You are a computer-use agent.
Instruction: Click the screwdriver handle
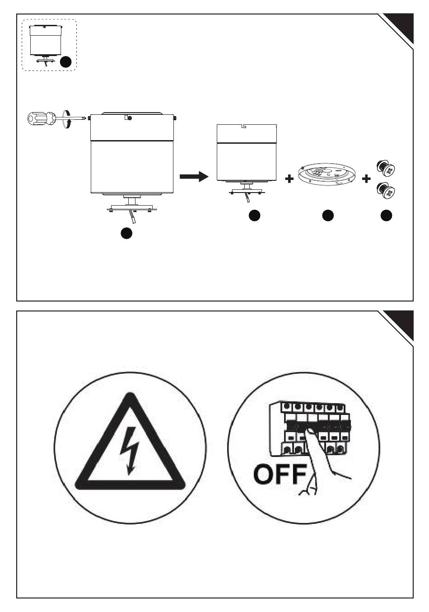tap(41, 118)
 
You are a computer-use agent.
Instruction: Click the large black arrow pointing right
tap(194, 176)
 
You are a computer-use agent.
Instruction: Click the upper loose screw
tap(386, 167)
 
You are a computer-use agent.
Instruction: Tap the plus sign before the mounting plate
tap(289, 179)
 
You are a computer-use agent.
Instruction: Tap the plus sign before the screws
tap(366, 179)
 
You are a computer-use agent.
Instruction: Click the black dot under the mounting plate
tap(328, 216)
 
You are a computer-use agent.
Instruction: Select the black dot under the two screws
tap(386, 216)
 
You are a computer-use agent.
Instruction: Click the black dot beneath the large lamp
tap(126, 233)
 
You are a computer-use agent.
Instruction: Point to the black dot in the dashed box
tap(65, 62)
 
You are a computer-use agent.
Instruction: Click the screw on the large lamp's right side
tap(175, 118)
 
